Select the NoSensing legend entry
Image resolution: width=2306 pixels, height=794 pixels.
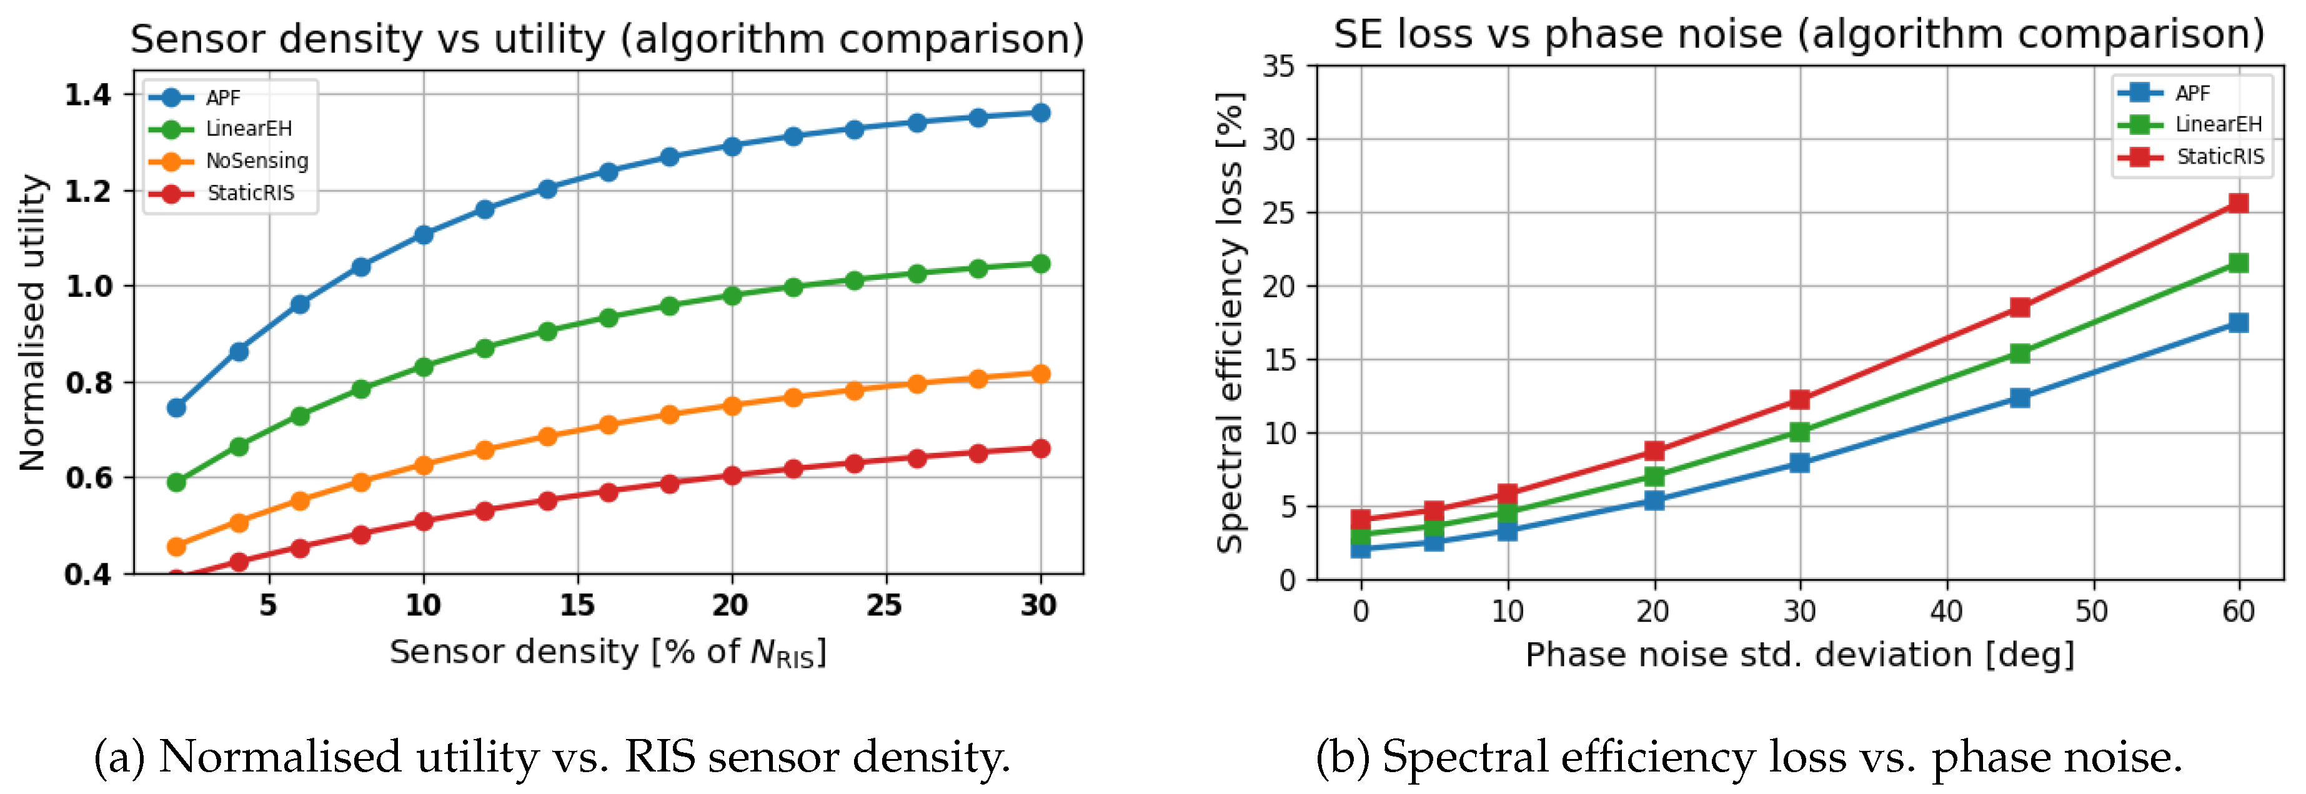click(256, 161)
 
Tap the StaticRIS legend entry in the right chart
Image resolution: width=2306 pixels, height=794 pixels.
click(2219, 157)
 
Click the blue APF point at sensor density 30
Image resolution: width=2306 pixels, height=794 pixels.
click(1040, 113)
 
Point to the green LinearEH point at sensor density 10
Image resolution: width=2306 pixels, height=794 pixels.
click(424, 367)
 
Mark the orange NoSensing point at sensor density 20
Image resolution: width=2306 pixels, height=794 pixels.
click(732, 405)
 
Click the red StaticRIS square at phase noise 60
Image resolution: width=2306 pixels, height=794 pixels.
click(2238, 203)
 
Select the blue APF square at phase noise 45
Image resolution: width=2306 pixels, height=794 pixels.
click(2019, 397)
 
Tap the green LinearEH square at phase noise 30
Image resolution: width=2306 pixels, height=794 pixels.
click(1799, 432)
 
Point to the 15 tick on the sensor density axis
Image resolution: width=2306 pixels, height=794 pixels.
click(577, 606)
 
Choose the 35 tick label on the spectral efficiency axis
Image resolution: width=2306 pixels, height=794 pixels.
click(1278, 66)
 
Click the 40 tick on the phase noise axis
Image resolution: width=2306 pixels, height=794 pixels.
click(1946, 612)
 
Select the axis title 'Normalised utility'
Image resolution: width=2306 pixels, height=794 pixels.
click(32, 322)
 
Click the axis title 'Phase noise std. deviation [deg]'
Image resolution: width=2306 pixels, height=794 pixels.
click(1799, 655)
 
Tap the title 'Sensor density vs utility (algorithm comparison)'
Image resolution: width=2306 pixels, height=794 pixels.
click(607, 39)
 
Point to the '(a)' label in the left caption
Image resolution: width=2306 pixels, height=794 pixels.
click(119, 757)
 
